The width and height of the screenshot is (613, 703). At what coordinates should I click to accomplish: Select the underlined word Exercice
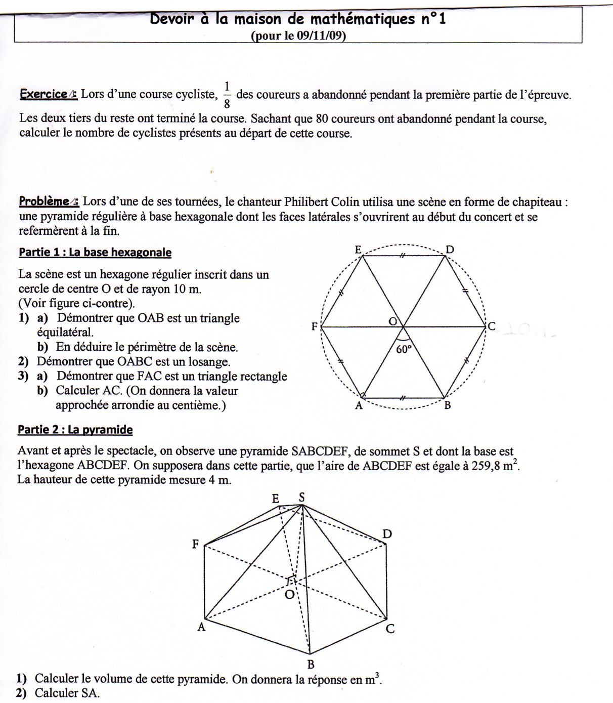43,94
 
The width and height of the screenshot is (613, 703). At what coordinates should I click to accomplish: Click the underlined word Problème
44,201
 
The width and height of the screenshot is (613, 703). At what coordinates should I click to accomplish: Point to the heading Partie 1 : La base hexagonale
95,252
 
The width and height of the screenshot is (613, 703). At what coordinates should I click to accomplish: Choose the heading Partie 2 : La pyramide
75,430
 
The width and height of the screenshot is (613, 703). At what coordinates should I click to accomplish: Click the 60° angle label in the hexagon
404,349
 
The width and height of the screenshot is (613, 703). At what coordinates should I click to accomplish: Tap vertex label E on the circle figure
358,249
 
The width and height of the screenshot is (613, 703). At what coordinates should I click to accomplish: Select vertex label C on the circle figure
491,326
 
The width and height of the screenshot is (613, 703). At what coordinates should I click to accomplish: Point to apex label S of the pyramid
301,497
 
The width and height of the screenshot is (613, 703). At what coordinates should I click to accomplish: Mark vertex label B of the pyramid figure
311,664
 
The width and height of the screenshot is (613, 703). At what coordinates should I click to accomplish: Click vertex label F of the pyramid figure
195,545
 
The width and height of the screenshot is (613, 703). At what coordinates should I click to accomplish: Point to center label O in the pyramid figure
290,595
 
